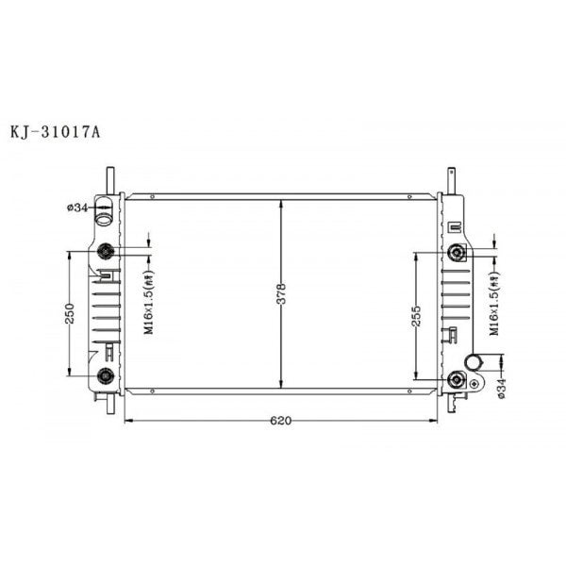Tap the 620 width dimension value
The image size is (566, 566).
click(279, 421)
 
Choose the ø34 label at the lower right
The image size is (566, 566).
click(501, 387)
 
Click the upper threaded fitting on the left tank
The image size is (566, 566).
click(106, 251)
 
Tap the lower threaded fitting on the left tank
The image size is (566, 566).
click(106, 376)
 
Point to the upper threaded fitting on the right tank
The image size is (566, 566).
click(458, 252)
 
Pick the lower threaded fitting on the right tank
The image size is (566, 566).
click(458, 379)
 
